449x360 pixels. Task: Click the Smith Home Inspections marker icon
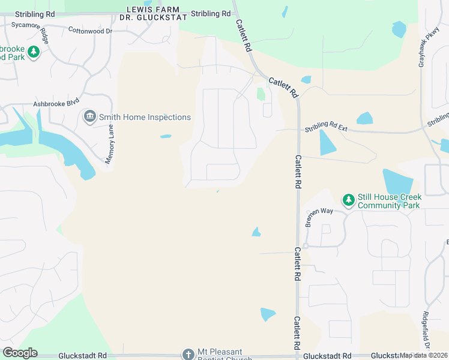(x=90, y=116)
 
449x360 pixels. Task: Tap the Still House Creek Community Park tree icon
(x=348, y=199)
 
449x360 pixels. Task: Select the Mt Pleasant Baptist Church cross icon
(x=188, y=354)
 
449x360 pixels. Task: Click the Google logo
(x=20, y=353)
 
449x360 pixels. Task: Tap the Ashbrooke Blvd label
(x=56, y=103)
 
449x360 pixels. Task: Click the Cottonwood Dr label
(x=90, y=30)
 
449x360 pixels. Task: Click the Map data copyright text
(x=423, y=355)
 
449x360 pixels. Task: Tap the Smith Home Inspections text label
(x=145, y=118)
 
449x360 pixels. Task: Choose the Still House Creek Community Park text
(x=390, y=201)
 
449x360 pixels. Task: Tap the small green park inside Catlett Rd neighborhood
(x=261, y=94)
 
